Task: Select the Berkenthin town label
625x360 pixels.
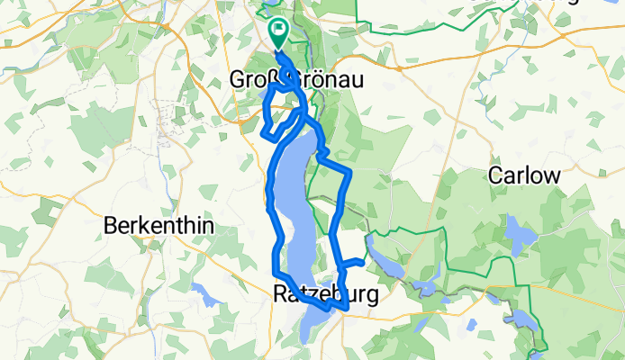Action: click(159, 226)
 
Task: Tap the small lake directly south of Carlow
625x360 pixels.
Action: click(520, 236)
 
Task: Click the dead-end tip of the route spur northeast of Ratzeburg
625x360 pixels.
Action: click(362, 262)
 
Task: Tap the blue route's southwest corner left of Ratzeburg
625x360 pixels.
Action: click(276, 273)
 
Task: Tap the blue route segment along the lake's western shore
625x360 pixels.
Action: click(270, 207)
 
